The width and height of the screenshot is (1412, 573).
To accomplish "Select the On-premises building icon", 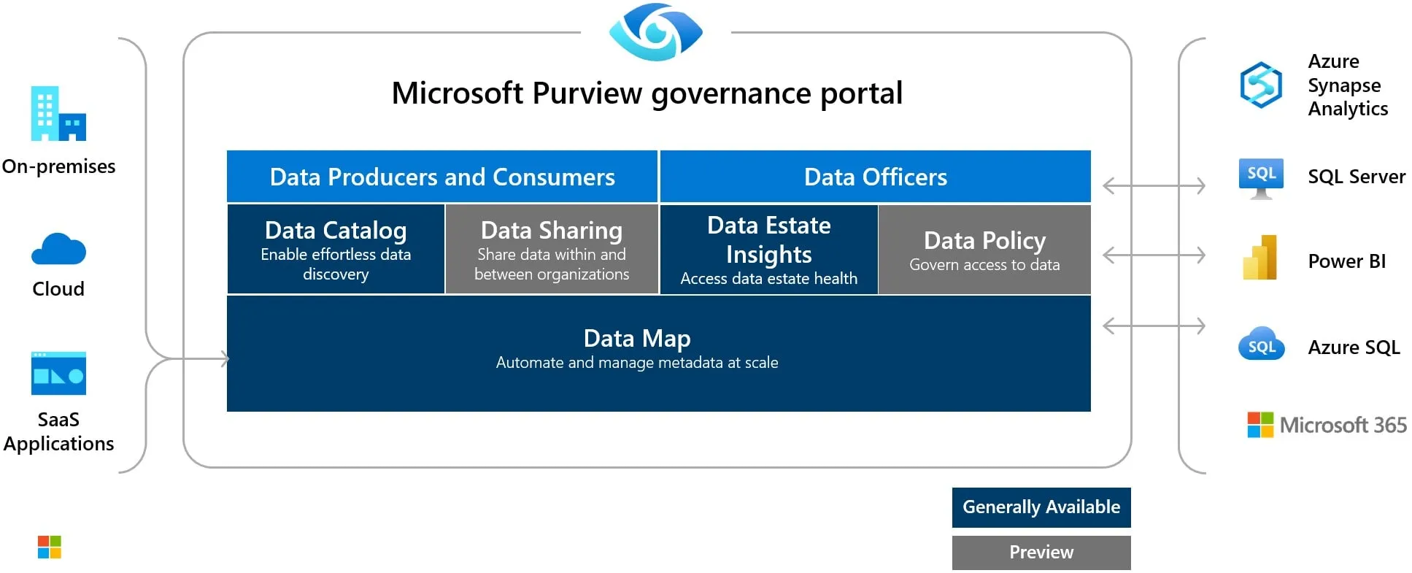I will (x=58, y=114).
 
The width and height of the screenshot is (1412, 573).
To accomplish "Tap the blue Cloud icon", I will (x=58, y=249).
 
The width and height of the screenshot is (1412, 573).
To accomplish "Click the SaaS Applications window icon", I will (x=58, y=373).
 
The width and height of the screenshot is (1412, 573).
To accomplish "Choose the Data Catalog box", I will (x=336, y=250).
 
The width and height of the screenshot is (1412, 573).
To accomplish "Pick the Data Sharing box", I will (x=552, y=250).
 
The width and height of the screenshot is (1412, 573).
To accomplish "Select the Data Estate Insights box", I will (x=768, y=250).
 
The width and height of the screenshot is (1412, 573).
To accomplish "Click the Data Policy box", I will (x=984, y=250).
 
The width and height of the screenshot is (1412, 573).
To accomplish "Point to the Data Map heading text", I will (x=637, y=339).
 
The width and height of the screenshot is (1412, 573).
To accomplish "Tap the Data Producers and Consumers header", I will (x=442, y=177).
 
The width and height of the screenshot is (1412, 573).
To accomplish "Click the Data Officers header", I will (x=875, y=177).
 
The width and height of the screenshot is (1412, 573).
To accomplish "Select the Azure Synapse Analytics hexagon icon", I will (x=1261, y=85).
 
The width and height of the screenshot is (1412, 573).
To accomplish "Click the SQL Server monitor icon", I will (x=1261, y=177).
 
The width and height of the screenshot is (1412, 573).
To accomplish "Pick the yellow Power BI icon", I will (x=1260, y=258).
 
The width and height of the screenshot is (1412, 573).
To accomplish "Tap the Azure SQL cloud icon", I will (x=1261, y=345).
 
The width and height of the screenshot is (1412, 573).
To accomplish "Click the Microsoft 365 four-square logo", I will (x=1260, y=425).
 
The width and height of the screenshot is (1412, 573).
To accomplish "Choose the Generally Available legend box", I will (x=1041, y=507).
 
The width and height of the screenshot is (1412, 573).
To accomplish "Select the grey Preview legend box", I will (x=1041, y=553).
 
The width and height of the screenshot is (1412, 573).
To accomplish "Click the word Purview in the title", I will (x=587, y=93).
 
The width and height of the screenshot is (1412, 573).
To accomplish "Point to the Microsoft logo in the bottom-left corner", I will (x=50, y=547).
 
